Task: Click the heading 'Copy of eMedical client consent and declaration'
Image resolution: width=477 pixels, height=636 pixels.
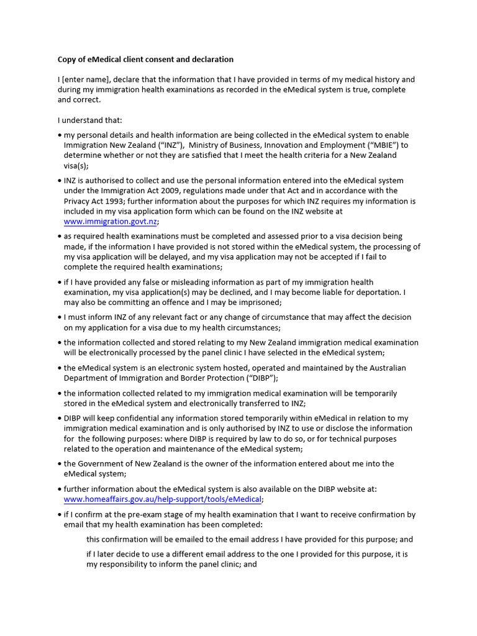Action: (145, 60)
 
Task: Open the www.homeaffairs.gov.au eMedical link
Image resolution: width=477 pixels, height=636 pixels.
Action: (163, 499)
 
